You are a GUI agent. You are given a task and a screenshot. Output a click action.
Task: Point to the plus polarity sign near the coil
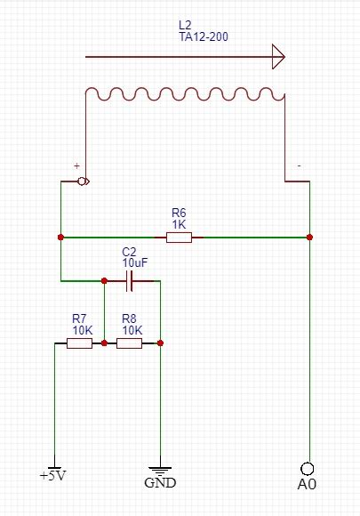[76, 166]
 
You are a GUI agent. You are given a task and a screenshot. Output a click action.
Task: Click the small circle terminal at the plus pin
[83, 182]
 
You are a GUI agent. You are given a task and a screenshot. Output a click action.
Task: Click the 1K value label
[179, 224]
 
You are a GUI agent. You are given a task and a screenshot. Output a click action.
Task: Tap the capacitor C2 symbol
[131, 281]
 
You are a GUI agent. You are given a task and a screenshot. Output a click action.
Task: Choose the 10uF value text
[133, 263]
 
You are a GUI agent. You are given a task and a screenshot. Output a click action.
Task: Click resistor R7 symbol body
[79, 343]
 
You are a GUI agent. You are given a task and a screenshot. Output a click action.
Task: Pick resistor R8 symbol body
[129, 343]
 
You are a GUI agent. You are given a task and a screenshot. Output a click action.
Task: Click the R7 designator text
[79, 318]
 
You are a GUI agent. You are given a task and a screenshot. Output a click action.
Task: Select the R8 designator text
[129, 318]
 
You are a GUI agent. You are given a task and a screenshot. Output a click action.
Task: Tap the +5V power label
[53, 476]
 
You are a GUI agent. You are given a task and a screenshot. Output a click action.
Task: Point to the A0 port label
[308, 485]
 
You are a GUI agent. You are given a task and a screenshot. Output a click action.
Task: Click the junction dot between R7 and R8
[104, 343]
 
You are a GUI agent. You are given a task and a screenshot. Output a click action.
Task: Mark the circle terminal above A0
[308, 468]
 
